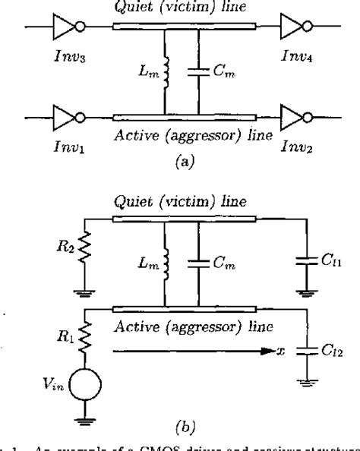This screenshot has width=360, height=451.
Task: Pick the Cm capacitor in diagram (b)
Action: [x=197, y=263]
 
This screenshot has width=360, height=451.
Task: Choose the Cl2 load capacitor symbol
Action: [x=308, y=355]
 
